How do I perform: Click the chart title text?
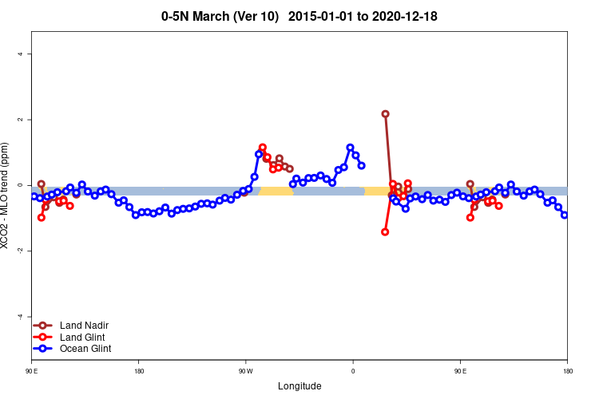click(299, 16)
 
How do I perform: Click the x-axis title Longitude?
click(299, 386)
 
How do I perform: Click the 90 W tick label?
click(245, 371)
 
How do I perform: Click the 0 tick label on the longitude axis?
click(353, 371)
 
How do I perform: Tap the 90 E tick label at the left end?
click(31, 371)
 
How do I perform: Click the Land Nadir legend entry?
click(84, 326)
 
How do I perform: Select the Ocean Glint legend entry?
click(85, 348)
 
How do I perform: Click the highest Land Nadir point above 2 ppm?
click(385, 114)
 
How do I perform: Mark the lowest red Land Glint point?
click(385, 232)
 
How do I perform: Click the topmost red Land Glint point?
click(262, 148)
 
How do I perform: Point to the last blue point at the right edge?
click(565, 215)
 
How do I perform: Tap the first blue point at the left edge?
click(34, 196)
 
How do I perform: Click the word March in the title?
click(212, 16)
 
